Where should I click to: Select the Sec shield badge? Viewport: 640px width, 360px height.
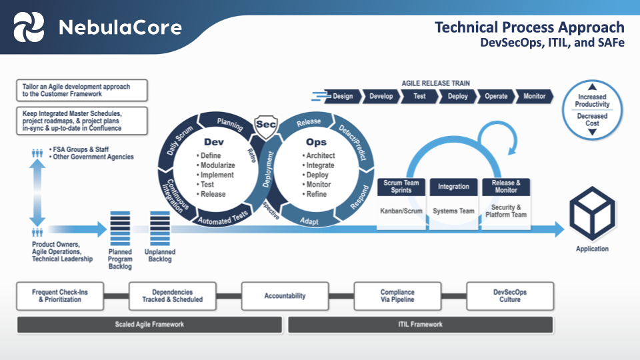pos(266,125)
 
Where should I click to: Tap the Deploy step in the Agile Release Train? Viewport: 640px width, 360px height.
pos(457,96)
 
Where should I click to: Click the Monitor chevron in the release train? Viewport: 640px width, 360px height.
pos(534,96)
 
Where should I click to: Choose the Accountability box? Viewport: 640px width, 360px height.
pos(285,296)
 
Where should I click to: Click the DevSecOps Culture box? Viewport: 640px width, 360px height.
pos(509,296)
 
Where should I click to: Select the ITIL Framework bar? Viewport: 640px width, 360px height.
pos(420,325)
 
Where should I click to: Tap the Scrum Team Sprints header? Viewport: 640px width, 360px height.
pos(401,187)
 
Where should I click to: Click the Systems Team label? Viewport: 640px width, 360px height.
pos(453,211)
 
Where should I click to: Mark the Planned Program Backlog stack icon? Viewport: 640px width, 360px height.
pos(120,228)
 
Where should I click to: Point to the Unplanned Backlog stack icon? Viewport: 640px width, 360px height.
pos(160,228)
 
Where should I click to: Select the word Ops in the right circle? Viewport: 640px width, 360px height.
pos(316,142)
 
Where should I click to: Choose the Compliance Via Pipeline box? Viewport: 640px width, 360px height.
pos(397,296)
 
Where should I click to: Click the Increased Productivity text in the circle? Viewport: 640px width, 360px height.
pos(592,101)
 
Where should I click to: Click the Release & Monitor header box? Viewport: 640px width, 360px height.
pos(505,187)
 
